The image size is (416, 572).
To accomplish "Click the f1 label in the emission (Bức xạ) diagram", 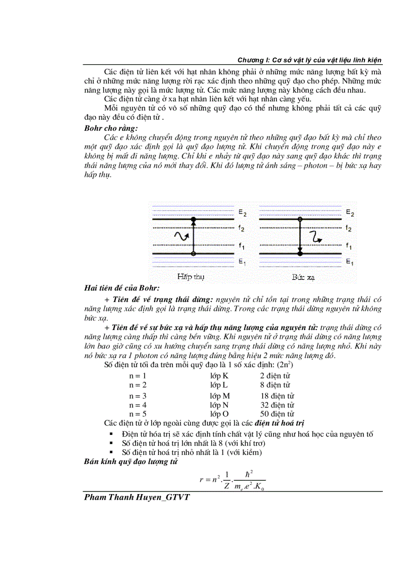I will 349,246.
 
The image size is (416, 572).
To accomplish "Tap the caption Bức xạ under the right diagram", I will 301,277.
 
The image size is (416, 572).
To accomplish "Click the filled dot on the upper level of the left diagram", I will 193,219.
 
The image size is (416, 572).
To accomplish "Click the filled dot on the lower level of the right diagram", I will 300,253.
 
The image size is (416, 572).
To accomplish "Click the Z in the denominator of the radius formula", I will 226,486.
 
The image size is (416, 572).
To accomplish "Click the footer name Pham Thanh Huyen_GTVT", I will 137,497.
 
